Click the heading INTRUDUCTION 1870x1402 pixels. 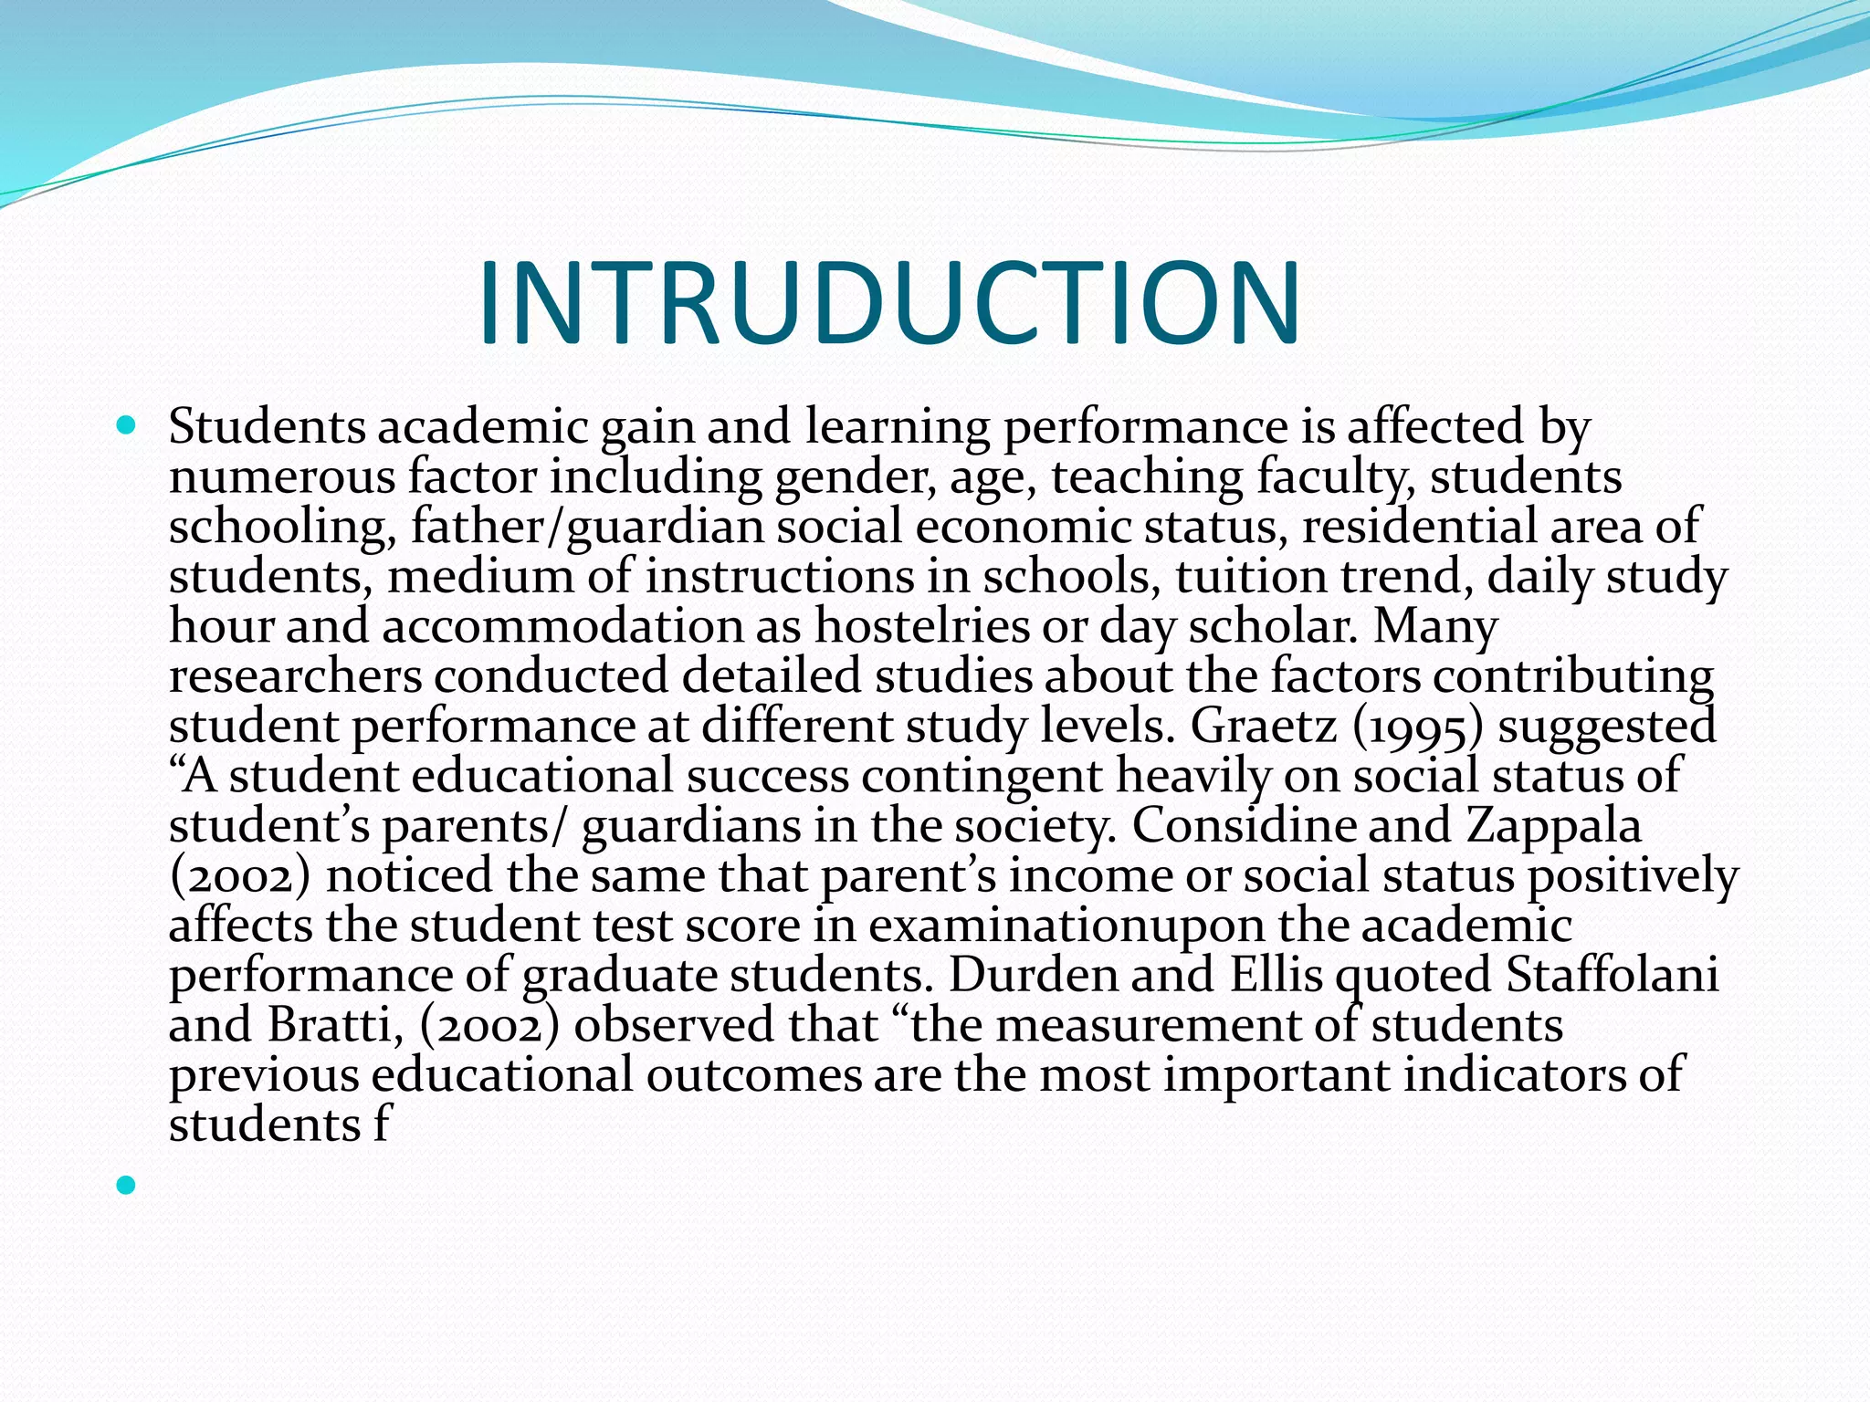888,304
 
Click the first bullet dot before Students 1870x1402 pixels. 127,425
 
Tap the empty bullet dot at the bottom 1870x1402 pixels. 127,1185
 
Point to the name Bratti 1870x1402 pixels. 336,1025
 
